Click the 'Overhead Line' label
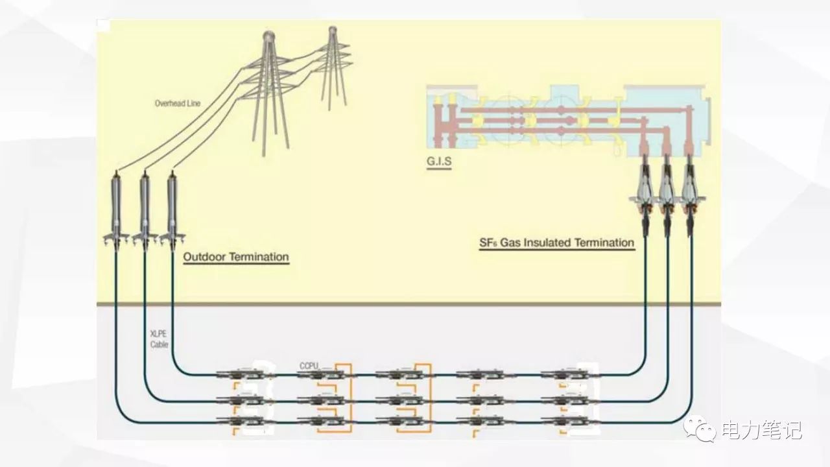(177, 103)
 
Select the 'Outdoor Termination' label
(236, 257)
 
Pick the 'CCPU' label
(309, 366)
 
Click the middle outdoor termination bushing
(145, 208)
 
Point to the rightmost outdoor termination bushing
(172, 208)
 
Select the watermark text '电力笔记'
(762, 429)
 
